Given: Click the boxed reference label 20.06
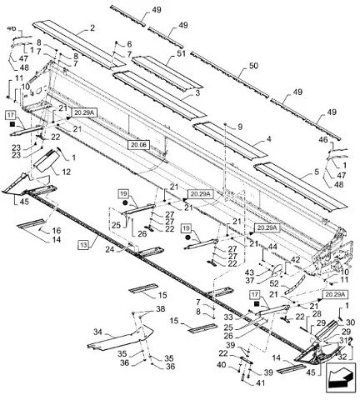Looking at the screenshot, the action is pos(138,145).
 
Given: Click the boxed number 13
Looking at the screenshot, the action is pos(83,245).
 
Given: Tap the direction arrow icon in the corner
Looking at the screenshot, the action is pos(341,377).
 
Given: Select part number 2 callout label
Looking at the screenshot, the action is pos(92,27).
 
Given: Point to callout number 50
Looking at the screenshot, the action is pos(252,66).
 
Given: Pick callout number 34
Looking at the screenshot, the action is pos(97,332).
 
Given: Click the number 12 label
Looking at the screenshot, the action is pos(66,172).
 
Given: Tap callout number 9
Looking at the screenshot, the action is pos(240,127).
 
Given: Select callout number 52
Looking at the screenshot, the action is pos(273,283).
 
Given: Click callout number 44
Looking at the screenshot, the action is pos(272,247).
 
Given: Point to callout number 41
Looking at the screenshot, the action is pos(260,383).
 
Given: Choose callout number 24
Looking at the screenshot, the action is pos(110,250).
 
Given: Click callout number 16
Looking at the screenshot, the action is pos(57,231).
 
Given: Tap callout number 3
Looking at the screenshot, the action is pos(197,92).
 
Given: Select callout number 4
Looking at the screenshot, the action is pos(268,139).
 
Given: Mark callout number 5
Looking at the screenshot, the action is pos(317,172).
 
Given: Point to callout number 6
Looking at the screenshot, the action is pos(129,44).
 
